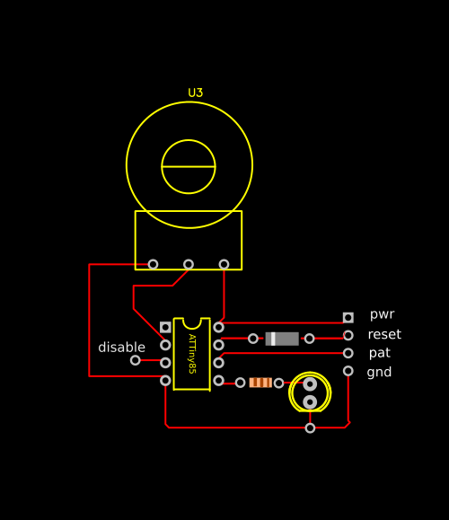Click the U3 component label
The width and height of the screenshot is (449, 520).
[196, 93]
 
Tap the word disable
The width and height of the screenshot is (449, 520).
[122, 348]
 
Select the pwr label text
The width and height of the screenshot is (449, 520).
[382, 314]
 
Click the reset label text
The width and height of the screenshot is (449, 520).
[384, 334]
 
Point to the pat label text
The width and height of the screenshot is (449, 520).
[380, 353]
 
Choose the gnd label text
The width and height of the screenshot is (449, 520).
[379, 372]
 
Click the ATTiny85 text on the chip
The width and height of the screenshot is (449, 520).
[192, 354]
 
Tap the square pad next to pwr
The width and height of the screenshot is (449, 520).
[348, 318]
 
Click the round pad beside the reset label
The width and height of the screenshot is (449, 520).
[348, 335]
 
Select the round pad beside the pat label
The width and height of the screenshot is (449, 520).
[348, 353]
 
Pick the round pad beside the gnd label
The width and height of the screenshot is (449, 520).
[348, 371]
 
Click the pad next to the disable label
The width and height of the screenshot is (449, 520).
[136, 360]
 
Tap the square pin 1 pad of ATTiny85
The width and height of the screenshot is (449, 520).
[165, 327]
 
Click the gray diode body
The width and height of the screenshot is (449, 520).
[282, 339]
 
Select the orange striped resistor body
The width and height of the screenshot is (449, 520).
[260, 383]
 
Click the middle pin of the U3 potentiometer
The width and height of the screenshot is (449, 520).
[189, 264]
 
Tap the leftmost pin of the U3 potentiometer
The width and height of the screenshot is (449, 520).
[153, 264]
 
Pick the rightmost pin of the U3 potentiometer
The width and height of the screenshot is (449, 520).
[224, 264]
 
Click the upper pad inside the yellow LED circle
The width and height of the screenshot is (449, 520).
[310, 384]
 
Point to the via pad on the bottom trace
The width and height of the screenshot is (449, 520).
[310, 428]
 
